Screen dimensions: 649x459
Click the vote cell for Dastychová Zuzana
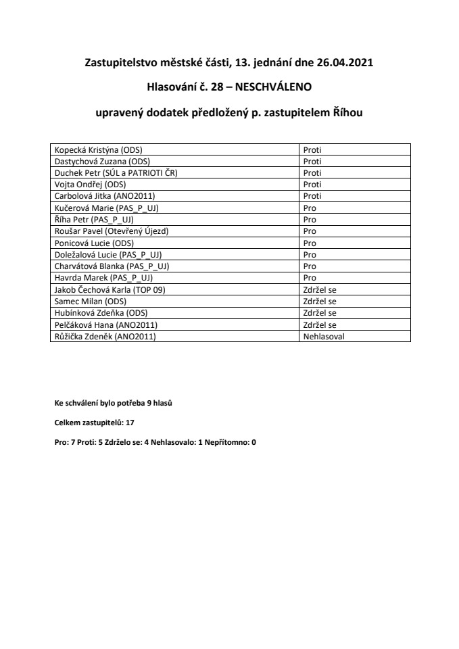coord(312,162)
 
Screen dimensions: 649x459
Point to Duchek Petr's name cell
coord(116,173)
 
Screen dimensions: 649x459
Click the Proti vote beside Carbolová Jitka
coord(312,196)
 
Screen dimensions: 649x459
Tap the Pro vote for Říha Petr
coord(310,220)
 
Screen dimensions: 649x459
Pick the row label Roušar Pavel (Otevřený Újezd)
coord(111,231)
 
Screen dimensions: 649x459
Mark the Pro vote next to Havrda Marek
coord(310,278)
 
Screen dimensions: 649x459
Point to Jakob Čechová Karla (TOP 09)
coord(110,289)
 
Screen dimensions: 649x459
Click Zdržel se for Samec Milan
coord(320,301)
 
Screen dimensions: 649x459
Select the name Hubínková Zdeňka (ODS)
coord(101,313)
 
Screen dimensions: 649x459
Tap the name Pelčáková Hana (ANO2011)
coord(105,324)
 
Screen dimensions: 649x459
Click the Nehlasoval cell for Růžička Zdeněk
coord(324,336)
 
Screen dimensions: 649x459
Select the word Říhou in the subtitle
coord(347,113)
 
